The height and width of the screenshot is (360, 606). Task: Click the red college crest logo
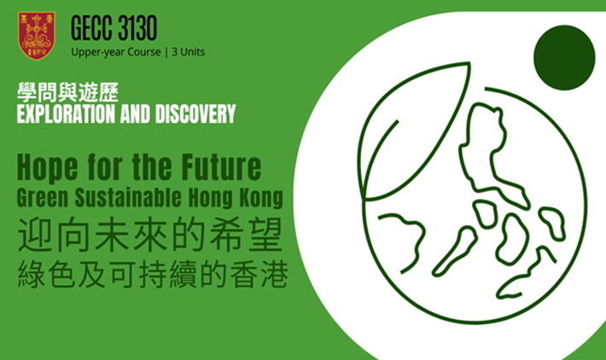[37, 36]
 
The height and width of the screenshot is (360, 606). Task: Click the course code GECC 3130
[114, 28]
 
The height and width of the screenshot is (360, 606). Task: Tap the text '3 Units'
[189, 52]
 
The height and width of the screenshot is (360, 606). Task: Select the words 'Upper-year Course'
[116, 52]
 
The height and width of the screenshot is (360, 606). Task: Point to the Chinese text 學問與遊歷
[67, 93]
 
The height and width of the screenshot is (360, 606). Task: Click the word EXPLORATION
[66, 114]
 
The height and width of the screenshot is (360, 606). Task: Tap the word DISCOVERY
[195, 114]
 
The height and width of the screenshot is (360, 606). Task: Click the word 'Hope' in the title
[48, 168]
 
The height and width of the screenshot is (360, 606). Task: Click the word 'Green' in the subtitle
[43, 197]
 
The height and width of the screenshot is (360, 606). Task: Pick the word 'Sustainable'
[127, 197]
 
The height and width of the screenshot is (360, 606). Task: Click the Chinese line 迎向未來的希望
[150, 235]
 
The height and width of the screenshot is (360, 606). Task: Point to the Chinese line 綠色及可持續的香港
[153, 274]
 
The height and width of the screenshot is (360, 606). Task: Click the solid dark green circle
[564, 57]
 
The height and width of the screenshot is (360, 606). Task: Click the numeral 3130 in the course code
[137, 28]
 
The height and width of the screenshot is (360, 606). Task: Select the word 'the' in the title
[152, 167]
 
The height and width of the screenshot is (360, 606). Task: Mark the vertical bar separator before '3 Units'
[166, 52]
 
